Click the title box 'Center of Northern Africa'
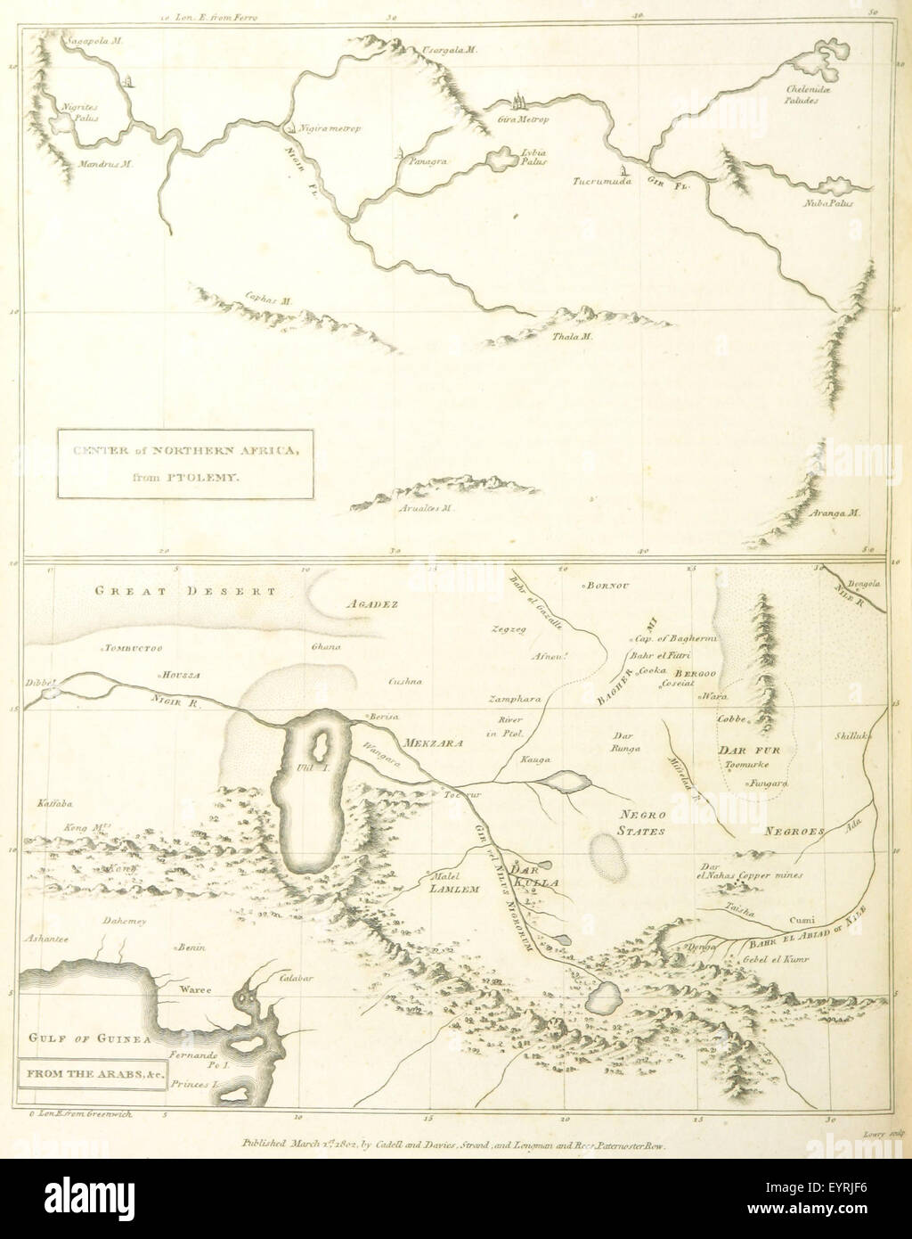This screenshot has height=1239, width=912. (185, 464)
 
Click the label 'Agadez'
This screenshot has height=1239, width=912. (369, 603)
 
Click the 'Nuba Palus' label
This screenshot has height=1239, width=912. (828, 203)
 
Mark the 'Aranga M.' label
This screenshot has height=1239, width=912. (837, 513)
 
